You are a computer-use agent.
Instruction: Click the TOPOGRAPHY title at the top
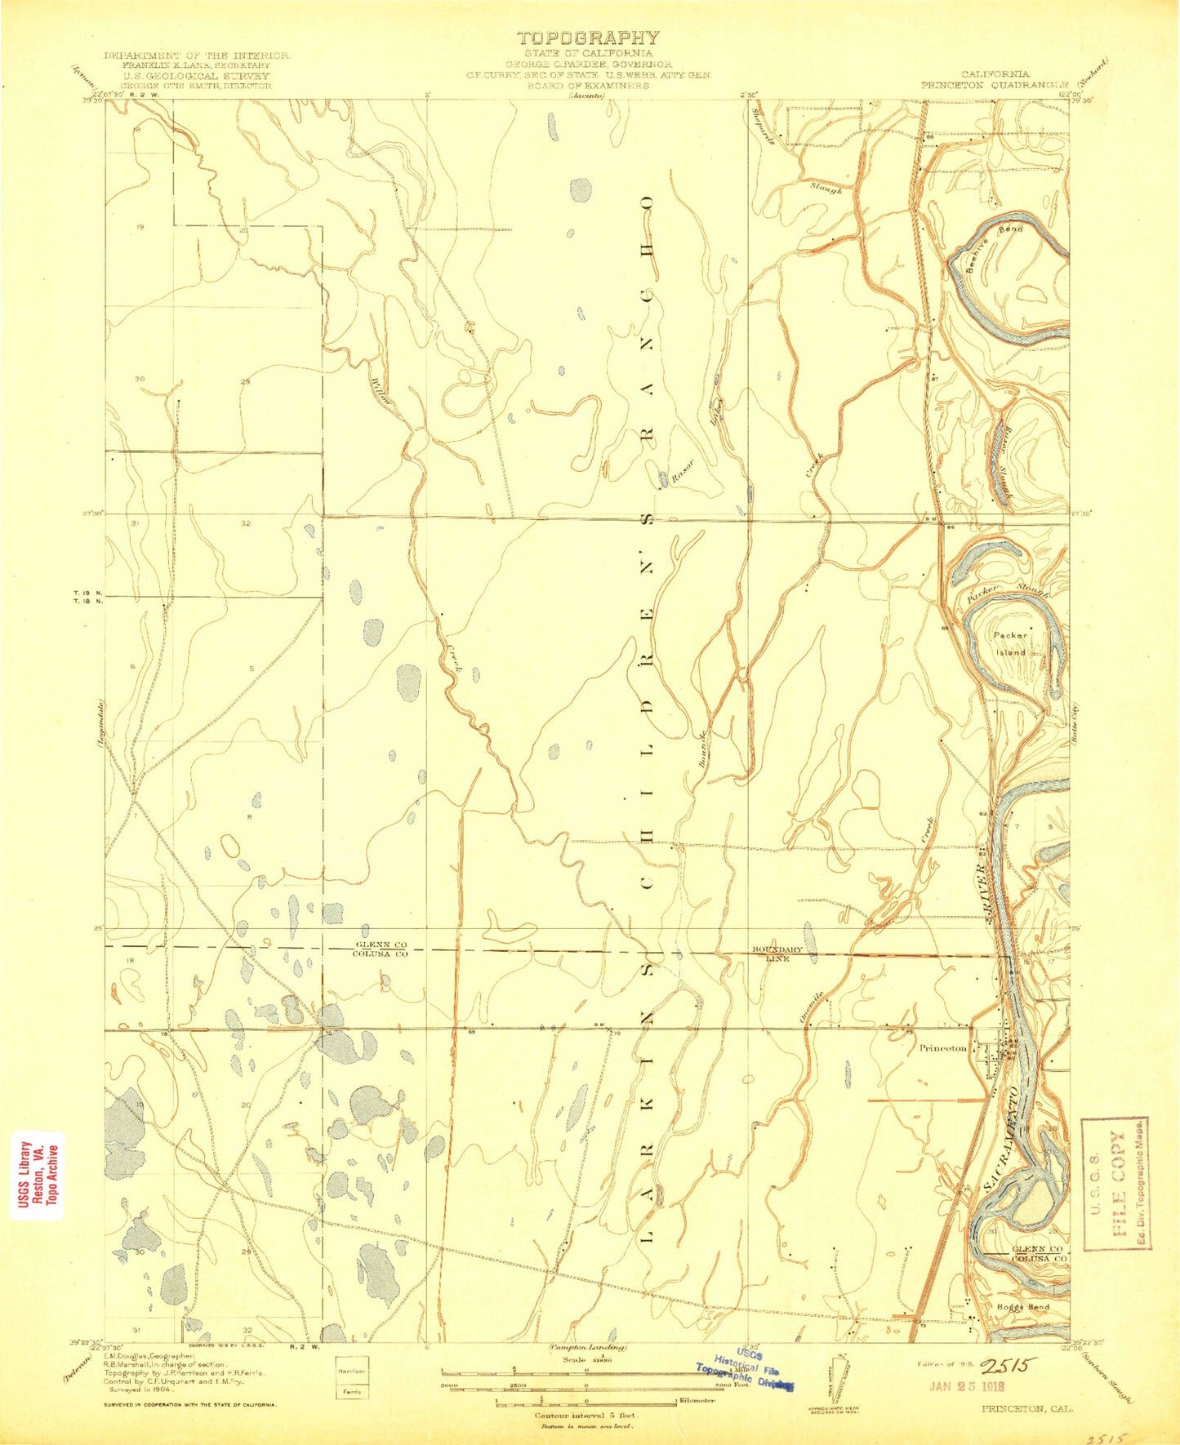(x=587, y=38)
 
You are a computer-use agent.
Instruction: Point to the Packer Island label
(x=1008, y=642)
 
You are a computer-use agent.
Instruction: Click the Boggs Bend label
(x=1022, y=1329)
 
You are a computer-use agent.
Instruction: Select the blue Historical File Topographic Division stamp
(x=745, y=1371)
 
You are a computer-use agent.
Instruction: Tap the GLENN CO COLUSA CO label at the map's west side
(x=380, y=949)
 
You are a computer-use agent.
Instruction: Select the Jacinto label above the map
(x=587, y=95)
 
